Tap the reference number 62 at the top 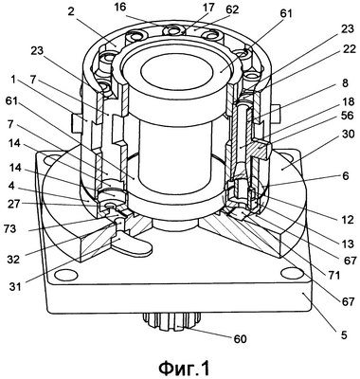(232, 9)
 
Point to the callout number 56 (348, 117)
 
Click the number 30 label (348, 135)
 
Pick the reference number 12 (348, 219)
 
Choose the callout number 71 (333, 276)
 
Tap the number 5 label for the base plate (344, 334)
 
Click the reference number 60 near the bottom (240, 339)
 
